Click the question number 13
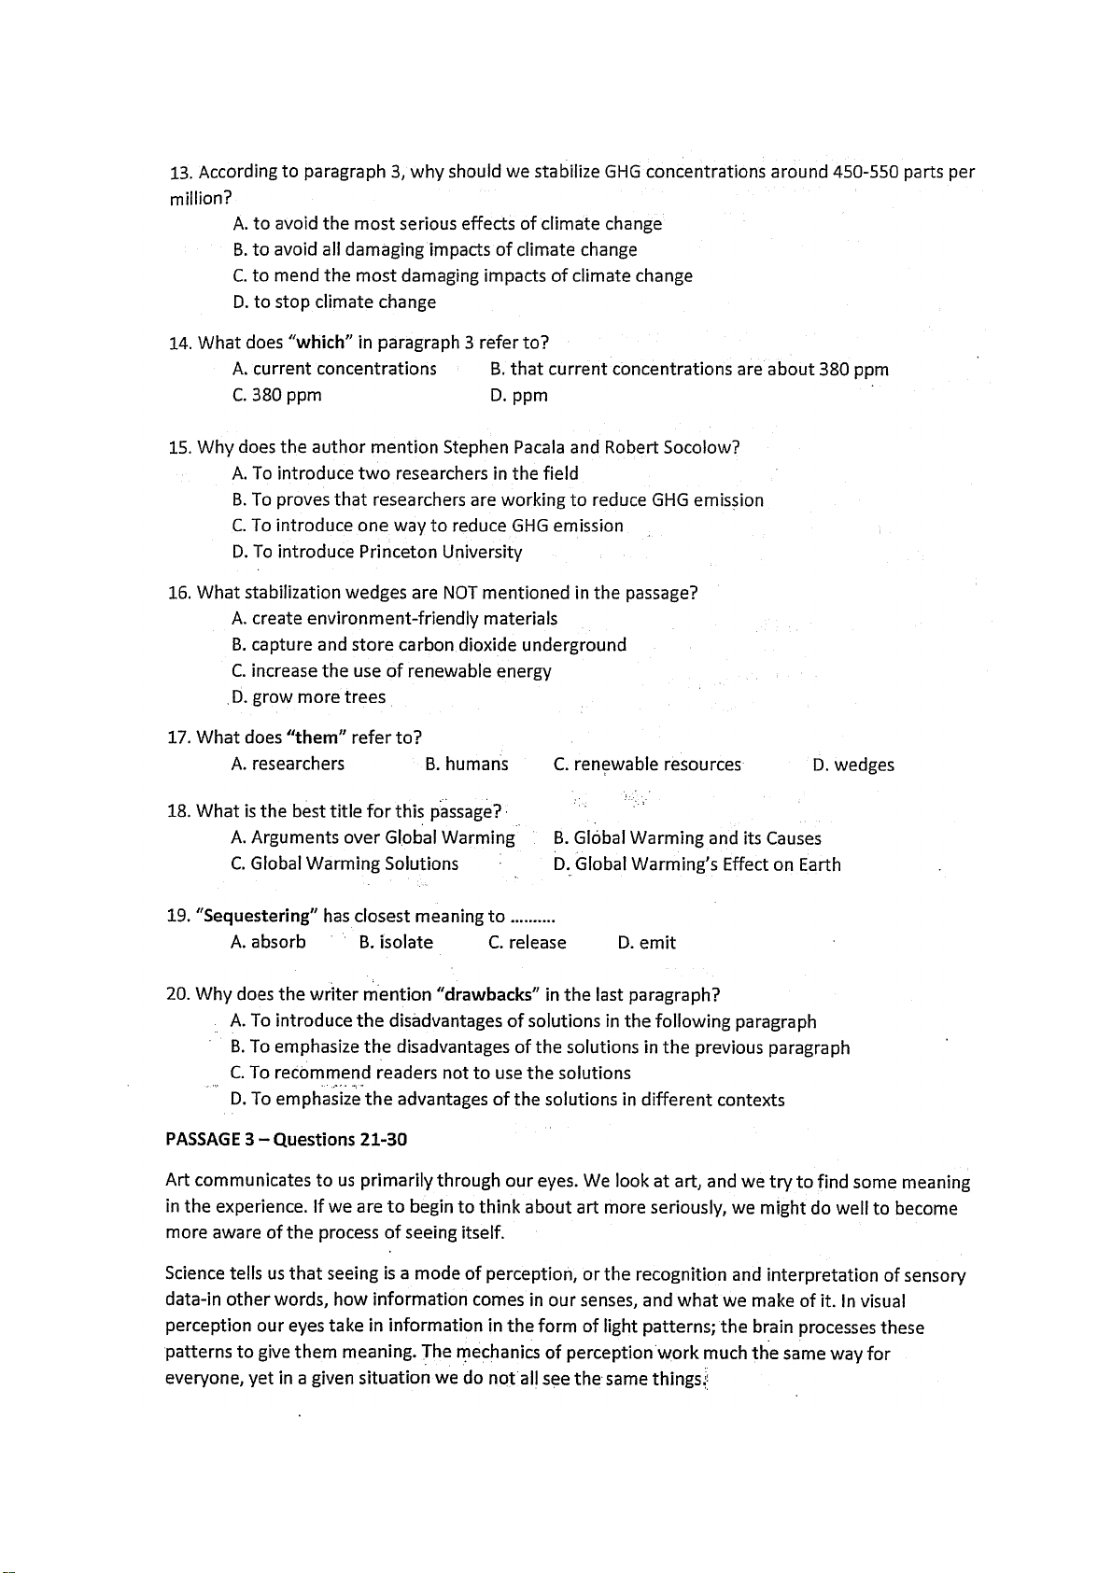pyautogui.click(x=180, y=173)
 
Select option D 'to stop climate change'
pyautogui.click(x=333, y=302)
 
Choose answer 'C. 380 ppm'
pyautogui.click(x=276, y=395)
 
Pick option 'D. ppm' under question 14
pyautogui.click(x=518, y=395)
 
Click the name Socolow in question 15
pyautogui.click(x=700, y=447)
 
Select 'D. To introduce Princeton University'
pyautogui.click(x=376, y=552)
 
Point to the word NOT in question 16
pyautogui.click(x=460, y=593)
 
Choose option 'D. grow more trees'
pyautogui.click(x=308, y=697)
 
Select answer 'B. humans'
pyautogui.click(x=466, y=765)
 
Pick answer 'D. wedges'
pyautogui.click(x=852, y=765)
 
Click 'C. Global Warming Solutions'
pyautogui.click(x=345, y=864)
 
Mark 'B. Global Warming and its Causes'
pyautogui.click(x=687, y=838)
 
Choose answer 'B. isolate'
pyautogui.click(x=396, y=942)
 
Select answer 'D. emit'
pyautogui.click(x=646, y=943)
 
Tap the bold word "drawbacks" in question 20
pyautogui.click(x=490, y=994)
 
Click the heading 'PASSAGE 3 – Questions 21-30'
pyautogui.click(x=286, y=1140)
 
